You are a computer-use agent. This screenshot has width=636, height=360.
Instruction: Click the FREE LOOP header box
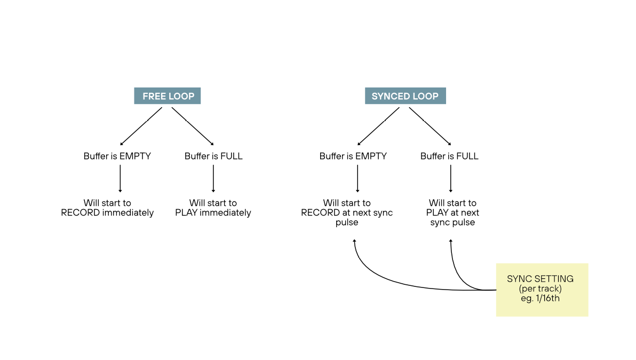167,96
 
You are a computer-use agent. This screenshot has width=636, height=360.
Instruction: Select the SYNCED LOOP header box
405,96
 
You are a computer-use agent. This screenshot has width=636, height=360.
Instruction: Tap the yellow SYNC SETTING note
542,289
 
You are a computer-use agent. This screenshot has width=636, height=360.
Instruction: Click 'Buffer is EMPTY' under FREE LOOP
117,156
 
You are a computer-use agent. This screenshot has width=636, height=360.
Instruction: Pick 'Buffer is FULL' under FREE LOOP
213,156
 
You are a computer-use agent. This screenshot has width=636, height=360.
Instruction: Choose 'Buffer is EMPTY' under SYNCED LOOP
353,156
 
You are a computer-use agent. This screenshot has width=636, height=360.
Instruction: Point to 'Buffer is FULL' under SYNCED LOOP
449,156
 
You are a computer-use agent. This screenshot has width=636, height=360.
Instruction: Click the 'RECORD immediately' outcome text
107,208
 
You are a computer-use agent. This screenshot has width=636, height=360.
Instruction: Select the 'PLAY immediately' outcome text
213,208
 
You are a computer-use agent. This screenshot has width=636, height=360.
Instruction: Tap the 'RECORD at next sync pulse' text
347,213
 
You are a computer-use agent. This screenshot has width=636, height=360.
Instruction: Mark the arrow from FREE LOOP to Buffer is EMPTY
141,126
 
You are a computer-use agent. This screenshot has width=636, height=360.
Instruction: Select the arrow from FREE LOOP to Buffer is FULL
192,126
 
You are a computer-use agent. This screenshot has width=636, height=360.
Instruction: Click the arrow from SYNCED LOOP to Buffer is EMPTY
378,126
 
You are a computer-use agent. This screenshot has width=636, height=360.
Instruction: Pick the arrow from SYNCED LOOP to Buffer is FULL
430,126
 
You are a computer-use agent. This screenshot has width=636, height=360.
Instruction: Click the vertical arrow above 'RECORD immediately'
120,179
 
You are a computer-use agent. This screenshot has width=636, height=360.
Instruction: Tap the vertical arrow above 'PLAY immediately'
213,179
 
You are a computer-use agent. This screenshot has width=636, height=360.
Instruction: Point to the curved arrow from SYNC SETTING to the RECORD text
384,282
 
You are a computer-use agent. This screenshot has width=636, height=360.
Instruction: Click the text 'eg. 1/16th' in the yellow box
540,299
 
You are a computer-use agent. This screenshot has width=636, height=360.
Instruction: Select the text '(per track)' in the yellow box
540,289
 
